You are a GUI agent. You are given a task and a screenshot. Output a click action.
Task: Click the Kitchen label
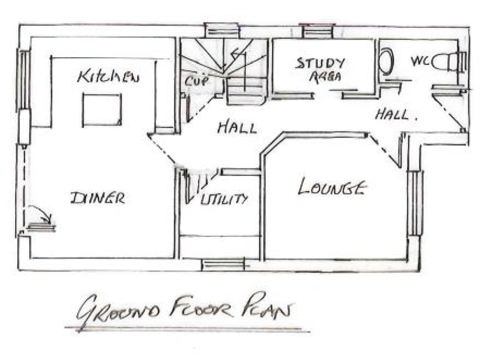coord(107,76)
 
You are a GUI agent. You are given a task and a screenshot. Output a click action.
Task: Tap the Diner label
coord(97,198)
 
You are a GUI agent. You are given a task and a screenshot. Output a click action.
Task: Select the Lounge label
coord(331,187)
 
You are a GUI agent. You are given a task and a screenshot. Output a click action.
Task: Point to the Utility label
coord(224,199)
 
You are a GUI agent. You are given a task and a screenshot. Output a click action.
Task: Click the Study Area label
coord(321,70)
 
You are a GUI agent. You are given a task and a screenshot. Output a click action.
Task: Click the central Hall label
coord(237,127)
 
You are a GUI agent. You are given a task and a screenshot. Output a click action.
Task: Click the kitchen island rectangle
coord(102,110)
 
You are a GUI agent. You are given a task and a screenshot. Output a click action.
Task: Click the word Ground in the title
coord(119,311)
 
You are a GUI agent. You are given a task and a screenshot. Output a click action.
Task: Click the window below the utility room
coord(224,265)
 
